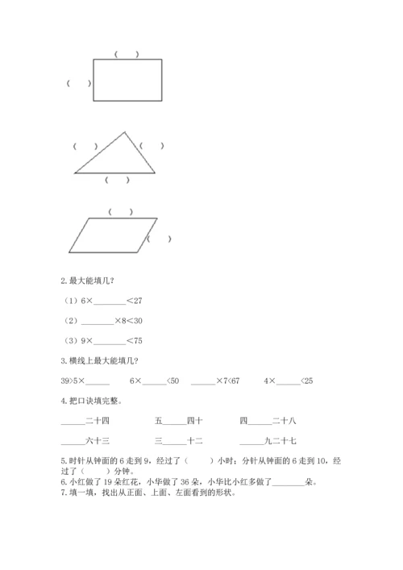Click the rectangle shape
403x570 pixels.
(127, 80)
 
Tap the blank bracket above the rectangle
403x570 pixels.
(127, 55)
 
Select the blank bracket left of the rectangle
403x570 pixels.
(78, 82)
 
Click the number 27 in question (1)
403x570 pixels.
(138, 301)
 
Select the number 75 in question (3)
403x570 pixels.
(138, 339)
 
